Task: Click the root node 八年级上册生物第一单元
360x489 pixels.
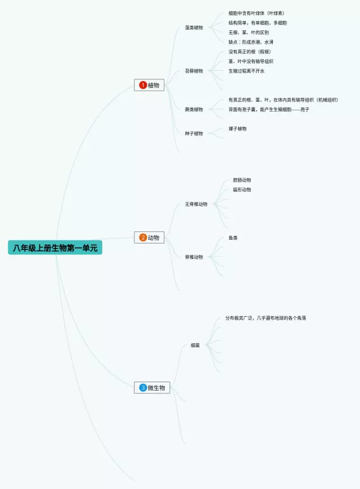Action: tap(55, 248)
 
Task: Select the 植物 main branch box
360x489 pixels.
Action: tap(150, 85)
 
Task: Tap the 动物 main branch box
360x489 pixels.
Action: tap(150, 237)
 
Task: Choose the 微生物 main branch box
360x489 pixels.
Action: tap(152, 388)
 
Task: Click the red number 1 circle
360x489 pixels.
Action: tap(143, 85)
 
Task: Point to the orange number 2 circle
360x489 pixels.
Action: tap(143, 237)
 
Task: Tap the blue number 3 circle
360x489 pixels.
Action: tap(143, 388)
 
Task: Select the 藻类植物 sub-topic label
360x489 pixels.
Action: tap(194, 28)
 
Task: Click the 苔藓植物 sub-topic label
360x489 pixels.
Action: tap(194, 71)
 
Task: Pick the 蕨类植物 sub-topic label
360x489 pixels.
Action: tap(194, 109)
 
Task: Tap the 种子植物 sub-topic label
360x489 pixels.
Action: tap(194, 133)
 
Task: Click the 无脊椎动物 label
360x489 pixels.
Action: tap(196, 204)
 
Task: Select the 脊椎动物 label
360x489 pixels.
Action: tap(194, 257)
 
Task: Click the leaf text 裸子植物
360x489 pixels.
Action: tap(237, 129)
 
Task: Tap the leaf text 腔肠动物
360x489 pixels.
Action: tap(242, 180)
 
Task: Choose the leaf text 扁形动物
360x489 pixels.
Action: tap(242, 190)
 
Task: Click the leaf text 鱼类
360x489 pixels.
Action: tap(233, 238)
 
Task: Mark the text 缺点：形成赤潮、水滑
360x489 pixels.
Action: tap(251, 42)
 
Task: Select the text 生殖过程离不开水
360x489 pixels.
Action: tap(246, 71)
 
